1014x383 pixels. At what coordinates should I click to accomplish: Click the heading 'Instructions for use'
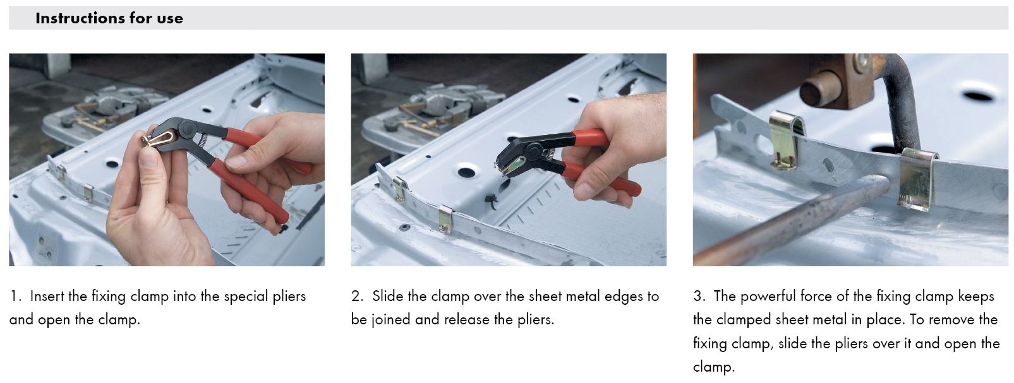coord(109,18)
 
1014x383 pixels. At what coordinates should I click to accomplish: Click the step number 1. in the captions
coord(15,297)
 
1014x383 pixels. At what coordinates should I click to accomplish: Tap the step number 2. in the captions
coord(358,297)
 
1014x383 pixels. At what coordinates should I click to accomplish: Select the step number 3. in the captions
coord(699,297)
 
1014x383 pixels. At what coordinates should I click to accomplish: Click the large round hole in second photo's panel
coord(467,172)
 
